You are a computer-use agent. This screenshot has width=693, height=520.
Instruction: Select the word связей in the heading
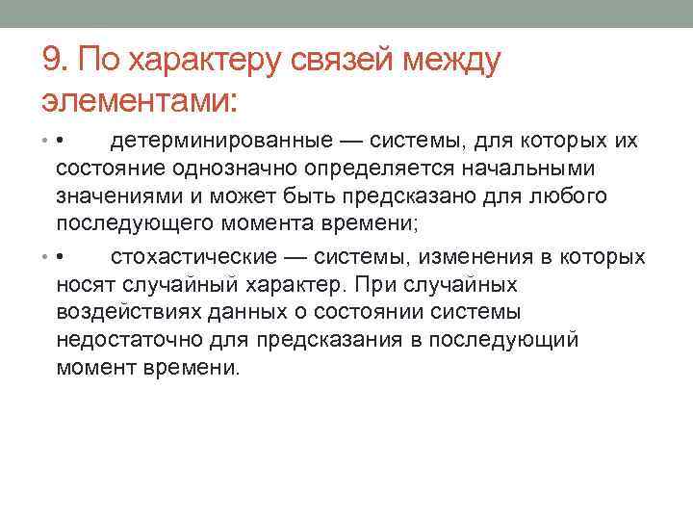[x=350, y=63]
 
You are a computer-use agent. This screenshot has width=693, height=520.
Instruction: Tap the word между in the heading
[x=456, y=63]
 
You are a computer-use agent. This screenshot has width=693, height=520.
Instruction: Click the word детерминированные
[x=218, y=143]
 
